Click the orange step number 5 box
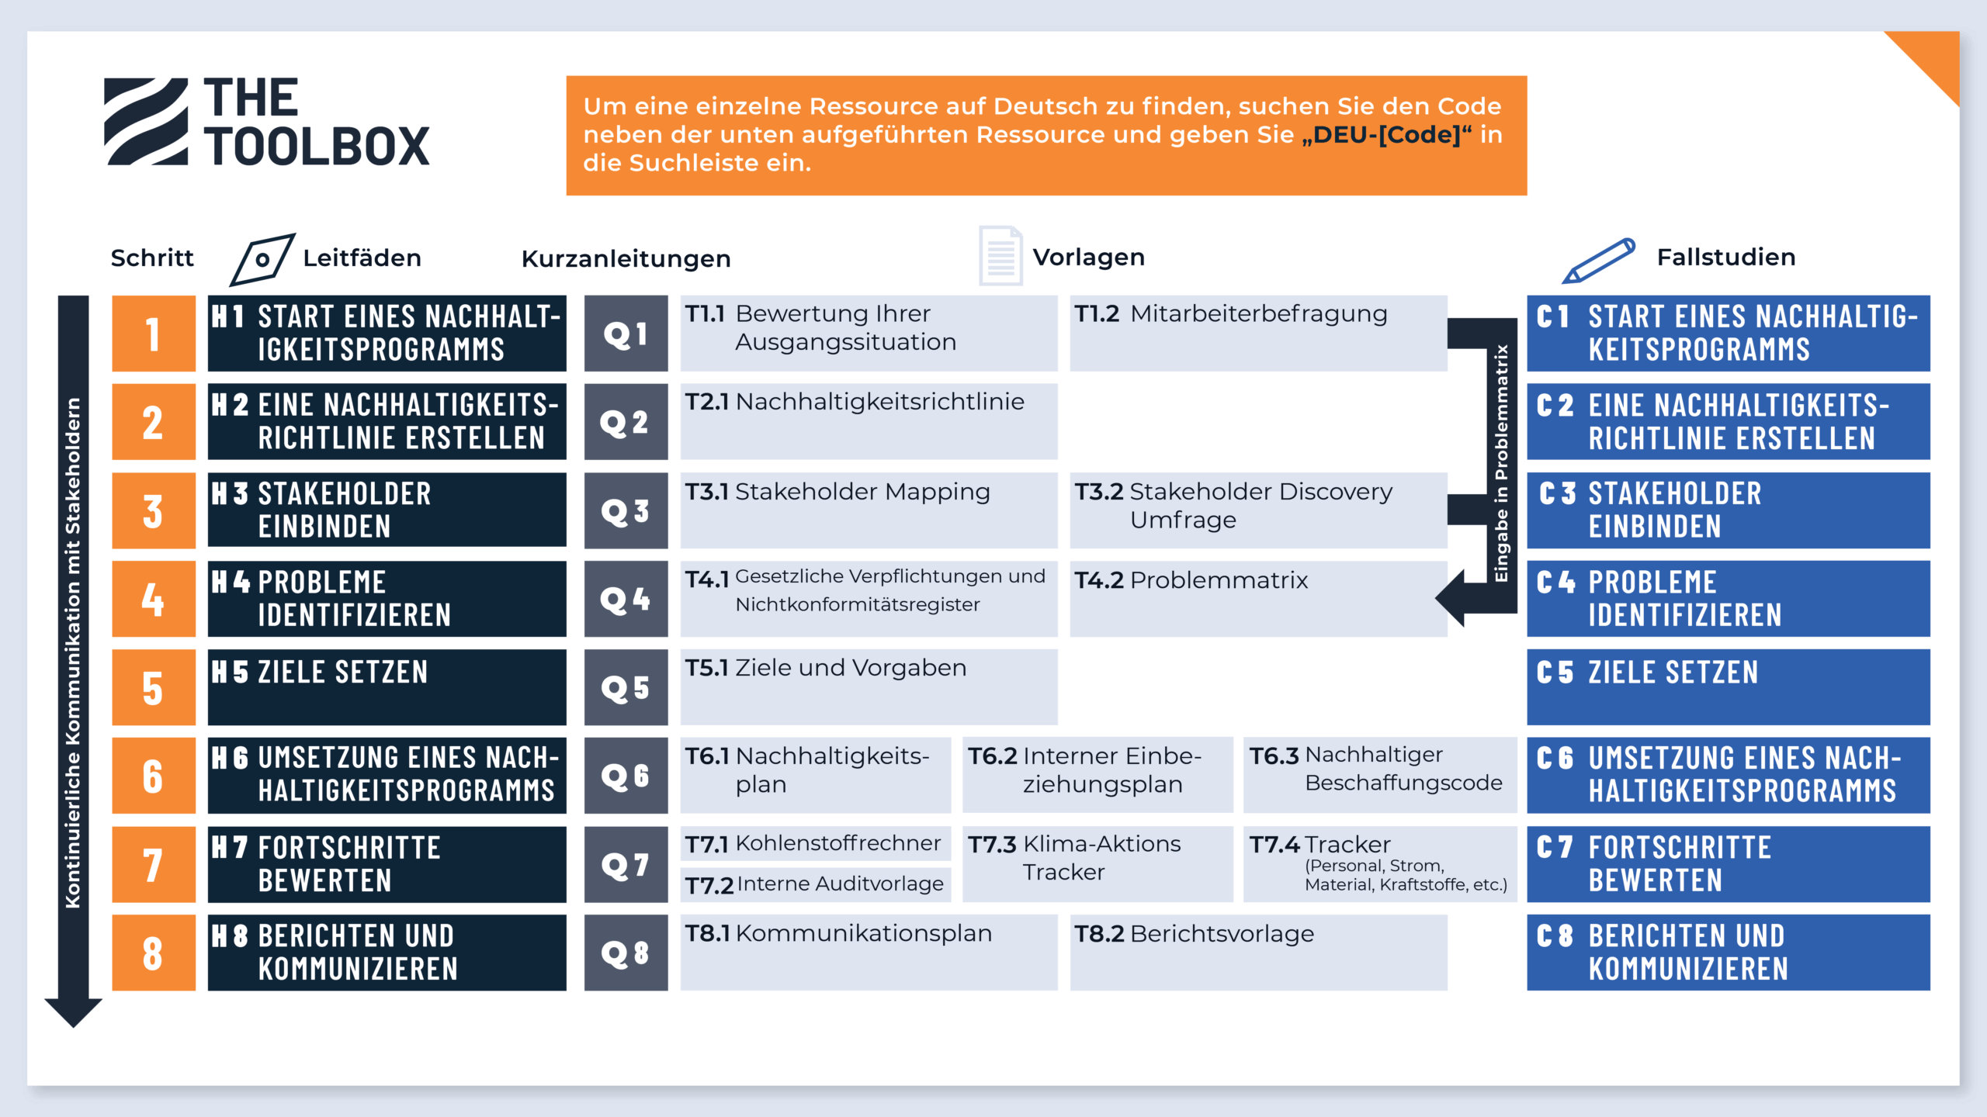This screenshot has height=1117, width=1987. [153, 687]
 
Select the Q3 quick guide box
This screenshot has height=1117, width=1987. [626, 510]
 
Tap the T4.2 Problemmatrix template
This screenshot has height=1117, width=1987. [1258, 599]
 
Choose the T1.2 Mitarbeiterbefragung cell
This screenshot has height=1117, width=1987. [1258, 334]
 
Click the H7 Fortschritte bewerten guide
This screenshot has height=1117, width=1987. [387, 864]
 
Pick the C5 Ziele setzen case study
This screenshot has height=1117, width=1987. [1728, 687]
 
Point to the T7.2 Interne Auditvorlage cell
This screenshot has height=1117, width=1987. [815, 884]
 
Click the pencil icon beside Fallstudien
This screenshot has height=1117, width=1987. [1599, 260]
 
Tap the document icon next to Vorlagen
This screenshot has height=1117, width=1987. [1000, 255]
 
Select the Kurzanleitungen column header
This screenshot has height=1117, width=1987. [626, 258]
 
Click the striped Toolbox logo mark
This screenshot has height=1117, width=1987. [147, 122]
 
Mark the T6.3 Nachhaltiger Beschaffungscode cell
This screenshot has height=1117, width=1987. [1379, 775]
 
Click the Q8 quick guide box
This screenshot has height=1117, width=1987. [626, 953]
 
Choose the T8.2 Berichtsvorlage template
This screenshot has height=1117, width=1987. [1258, 953]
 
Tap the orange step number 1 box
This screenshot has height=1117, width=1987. [153, 334]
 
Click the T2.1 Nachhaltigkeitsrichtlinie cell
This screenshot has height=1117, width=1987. [869, 421]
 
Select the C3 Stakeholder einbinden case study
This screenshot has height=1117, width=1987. [1728, 510]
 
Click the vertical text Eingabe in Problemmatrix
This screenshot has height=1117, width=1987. [1502, 463]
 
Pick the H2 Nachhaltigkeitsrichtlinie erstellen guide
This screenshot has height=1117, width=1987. [387, 421]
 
